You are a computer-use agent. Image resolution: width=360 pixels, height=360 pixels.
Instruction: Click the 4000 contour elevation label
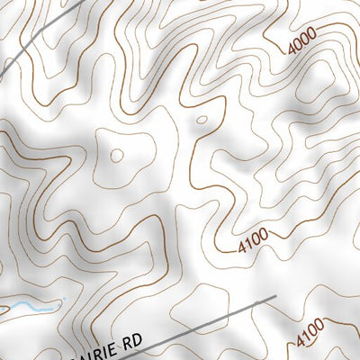click(302, 41)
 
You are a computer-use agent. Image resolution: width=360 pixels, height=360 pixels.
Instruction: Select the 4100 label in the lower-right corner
click(310, 336)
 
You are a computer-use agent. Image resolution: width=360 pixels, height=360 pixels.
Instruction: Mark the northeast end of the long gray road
click(274, 297)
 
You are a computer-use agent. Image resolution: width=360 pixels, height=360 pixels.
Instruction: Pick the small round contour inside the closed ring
click(117, 155)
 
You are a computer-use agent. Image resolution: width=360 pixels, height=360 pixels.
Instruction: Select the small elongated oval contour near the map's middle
click(201, 118)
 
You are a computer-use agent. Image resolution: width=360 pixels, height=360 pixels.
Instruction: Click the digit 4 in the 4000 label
click(292, 50)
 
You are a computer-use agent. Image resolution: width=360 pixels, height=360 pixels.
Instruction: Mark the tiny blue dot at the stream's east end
click(65, 299)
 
